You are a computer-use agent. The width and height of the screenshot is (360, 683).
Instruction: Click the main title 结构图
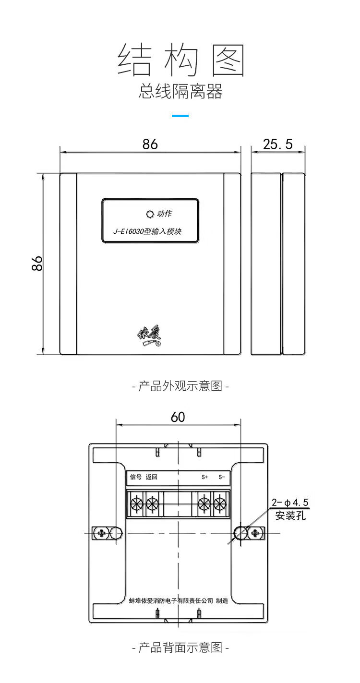pyautogui.click(x=181, y=60)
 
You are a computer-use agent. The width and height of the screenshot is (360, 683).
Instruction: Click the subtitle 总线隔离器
pyautogui.click(x=180, y=91)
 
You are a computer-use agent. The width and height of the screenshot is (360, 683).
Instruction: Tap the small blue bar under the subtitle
pyautogui.click(x=180, y=116)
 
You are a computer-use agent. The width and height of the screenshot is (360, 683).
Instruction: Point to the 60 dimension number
pyautogui.click(x=178, y=417)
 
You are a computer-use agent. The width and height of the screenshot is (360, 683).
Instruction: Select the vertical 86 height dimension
pyautogui.click(x=37, y=263)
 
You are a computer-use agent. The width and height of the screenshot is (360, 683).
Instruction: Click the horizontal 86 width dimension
pyautogui.click(x=150, y=144)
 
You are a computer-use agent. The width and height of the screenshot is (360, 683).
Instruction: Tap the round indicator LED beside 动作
pyautogui.click(x=149, y=214)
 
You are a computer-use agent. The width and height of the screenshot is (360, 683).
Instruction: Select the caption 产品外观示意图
pyautogui.click(x=180, y=386)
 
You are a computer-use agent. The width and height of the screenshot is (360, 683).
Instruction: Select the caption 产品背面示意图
pyautogui.click(x=180, y=648)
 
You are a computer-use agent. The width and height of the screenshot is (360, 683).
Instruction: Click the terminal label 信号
pyautogui.click(x=136, y=477)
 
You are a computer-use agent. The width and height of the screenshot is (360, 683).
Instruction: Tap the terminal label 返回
pyautogui.click(x=152, y=477)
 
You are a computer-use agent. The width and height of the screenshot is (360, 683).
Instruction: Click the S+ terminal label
pyautogui.click(x=204, y=477)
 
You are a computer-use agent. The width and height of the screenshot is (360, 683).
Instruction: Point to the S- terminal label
pyautogui.click(x=221, y=477)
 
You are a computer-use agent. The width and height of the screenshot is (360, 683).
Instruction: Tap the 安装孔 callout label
pyautogui.click(x=290, y=516)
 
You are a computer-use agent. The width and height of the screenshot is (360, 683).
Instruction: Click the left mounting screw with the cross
pyautogui.click(x=101, y=533)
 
